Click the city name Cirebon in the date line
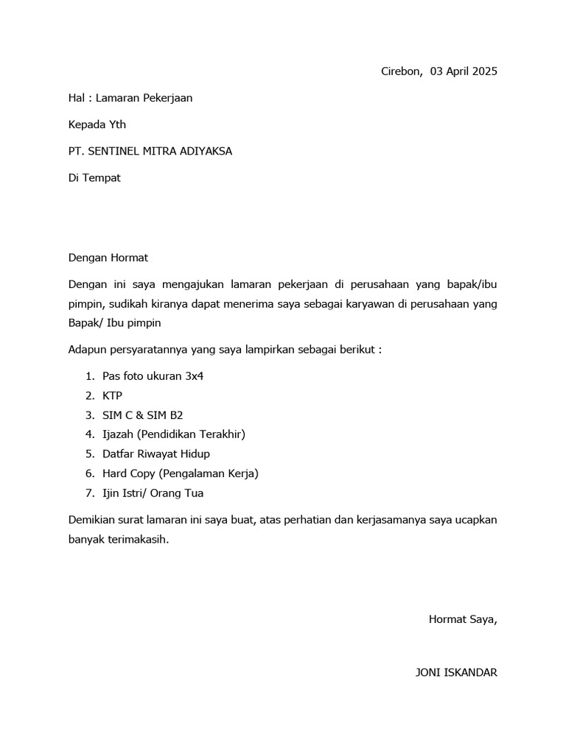point(401,71)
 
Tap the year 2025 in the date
point(483,71)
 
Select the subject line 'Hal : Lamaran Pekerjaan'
point(130,98)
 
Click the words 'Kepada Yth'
point(97,124)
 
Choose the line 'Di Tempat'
point(94,177)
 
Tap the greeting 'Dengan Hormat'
point(108,258)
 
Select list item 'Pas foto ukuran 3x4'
point(153,376)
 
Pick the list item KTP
point(113,395)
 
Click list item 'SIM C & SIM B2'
point(142,415)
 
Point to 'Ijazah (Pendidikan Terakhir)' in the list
point(174,434)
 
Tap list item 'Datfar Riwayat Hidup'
point(156,454)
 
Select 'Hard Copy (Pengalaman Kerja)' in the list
point(181,473)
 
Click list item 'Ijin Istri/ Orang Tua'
point(153,493)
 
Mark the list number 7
point(88,493)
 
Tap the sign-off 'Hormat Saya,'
point(463,619)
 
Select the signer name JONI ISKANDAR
point(456,672)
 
